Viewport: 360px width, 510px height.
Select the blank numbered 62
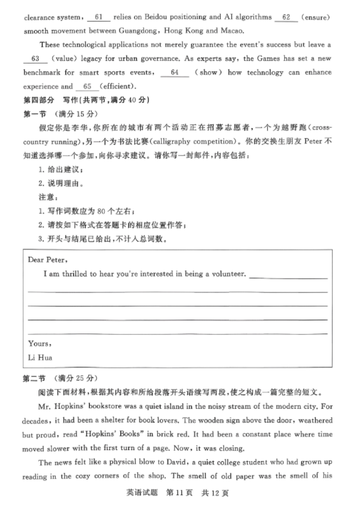tap(286, 18)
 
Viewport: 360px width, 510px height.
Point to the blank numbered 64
tap(174, 72)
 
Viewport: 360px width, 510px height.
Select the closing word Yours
tap(39, 344)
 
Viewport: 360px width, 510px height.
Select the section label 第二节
tap(35, 378)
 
